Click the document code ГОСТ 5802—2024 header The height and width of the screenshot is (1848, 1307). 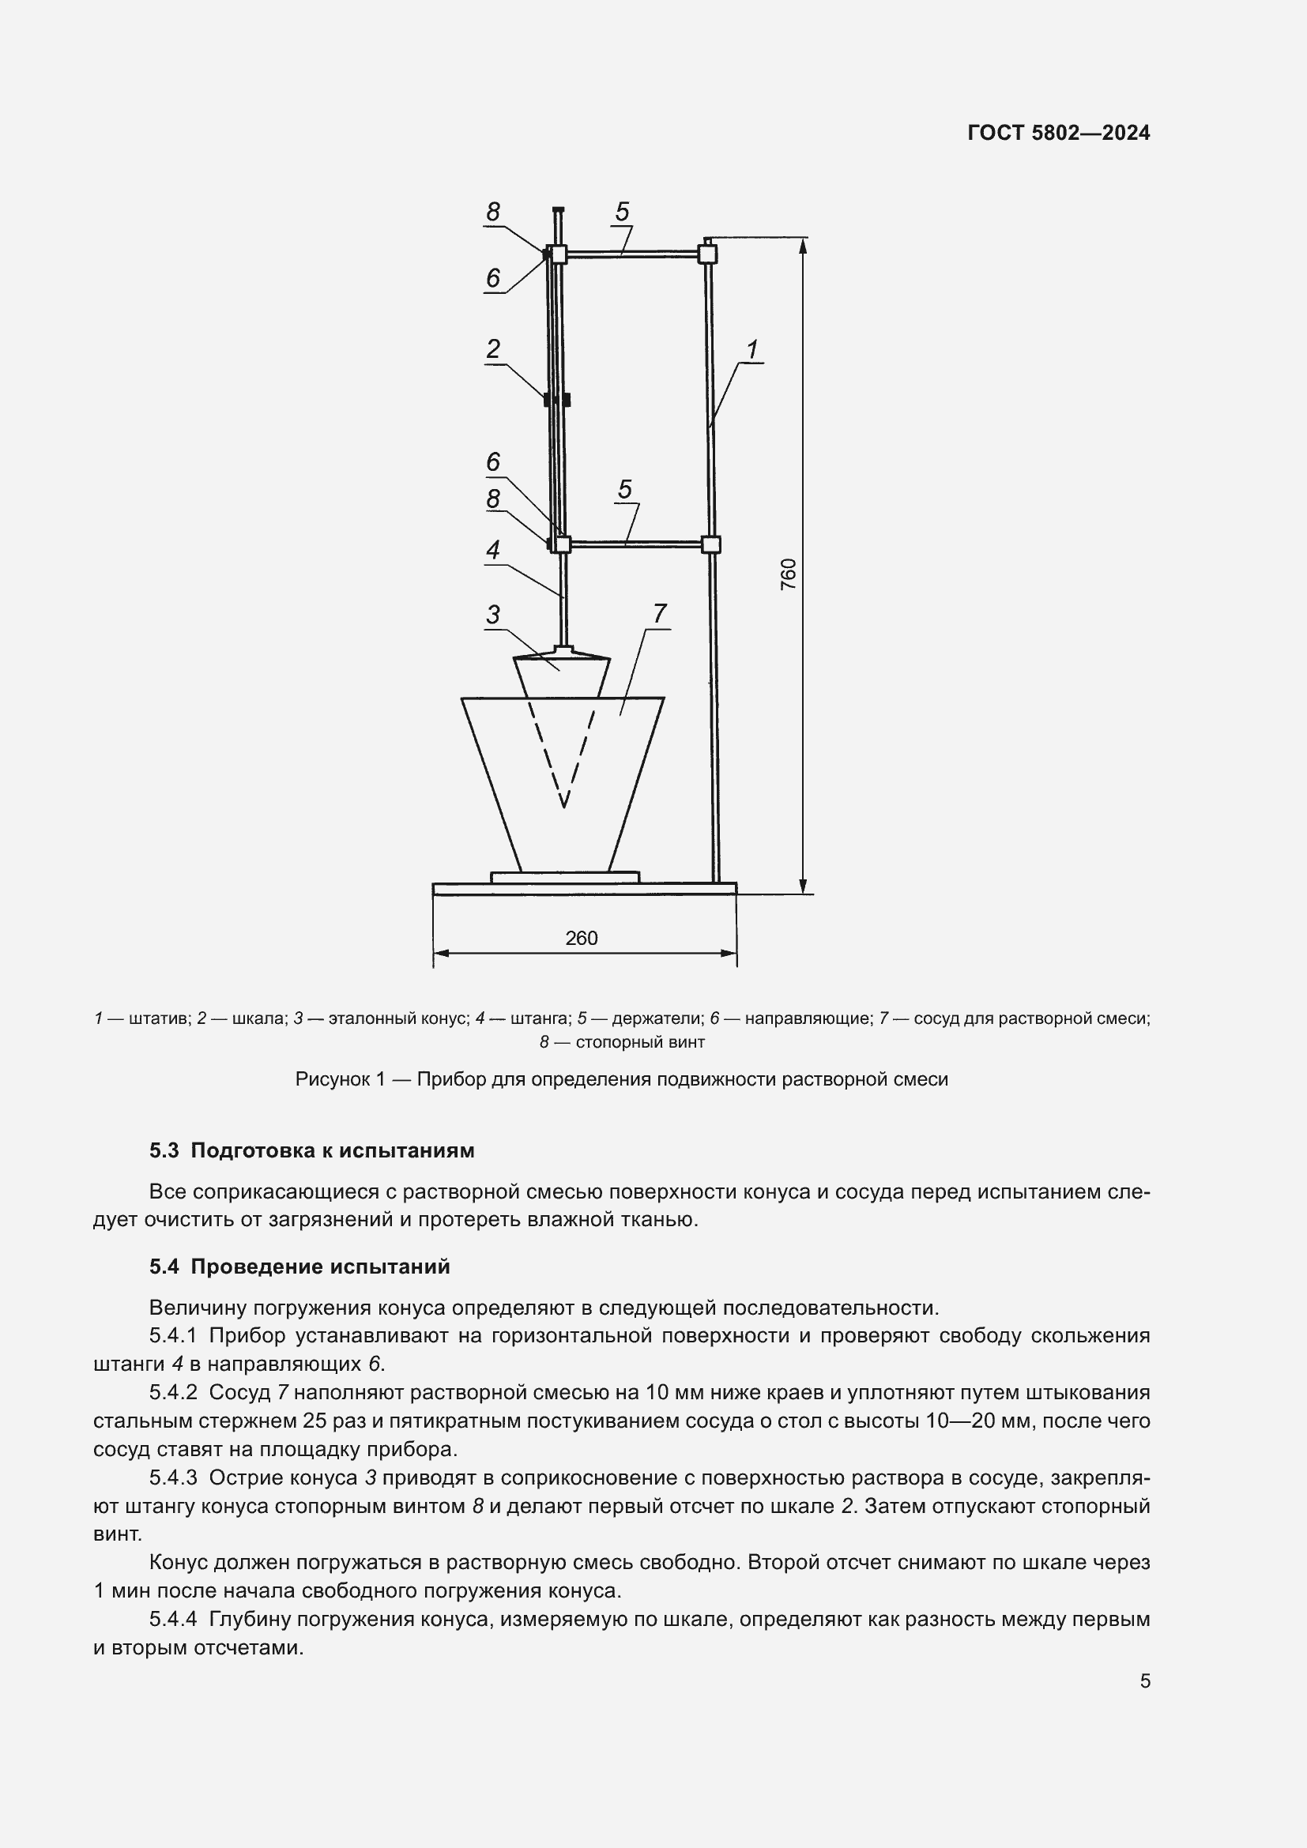pyautogui.click(x=1058, y=133)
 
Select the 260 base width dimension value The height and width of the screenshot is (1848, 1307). pyautogui.click(x=581, y=938)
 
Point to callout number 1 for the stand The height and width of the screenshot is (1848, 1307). pyautogui.click(x=752, y=349)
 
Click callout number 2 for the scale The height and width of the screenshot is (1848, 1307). pyautogui.click(x=493, y=348)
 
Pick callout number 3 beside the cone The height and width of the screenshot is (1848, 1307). pyautogui.click(x=492, y=614)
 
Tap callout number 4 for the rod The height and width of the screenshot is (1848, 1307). pyautogui.click(x=492, y=550)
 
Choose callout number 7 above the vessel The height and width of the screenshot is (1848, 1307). pyautogui.click(x=660, y=613)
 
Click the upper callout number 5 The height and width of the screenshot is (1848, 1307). pyautogui.click(x=622, y=212)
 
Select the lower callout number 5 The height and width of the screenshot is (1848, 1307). pyautogui.click(x=625, y=488)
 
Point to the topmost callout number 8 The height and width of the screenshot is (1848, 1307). pyautogui.click(x=492, y=212)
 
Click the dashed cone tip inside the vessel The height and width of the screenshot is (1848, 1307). pyautogui.click(x=564, y=804)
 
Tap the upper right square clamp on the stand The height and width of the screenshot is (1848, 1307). pyautogui.click(x=706, y=254)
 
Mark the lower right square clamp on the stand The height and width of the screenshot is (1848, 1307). pyautogui.click(x=710, y=544)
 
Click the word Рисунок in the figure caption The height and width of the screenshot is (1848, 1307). pyautogui.click(x=332, y=1079)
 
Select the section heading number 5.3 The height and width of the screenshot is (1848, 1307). pyautogui.click(x=164, y=1151)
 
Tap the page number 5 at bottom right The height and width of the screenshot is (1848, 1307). pyautogui.click(x=1145, y=1681)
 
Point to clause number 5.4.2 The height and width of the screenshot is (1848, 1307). pyautogui.click(x=173, y=1392)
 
